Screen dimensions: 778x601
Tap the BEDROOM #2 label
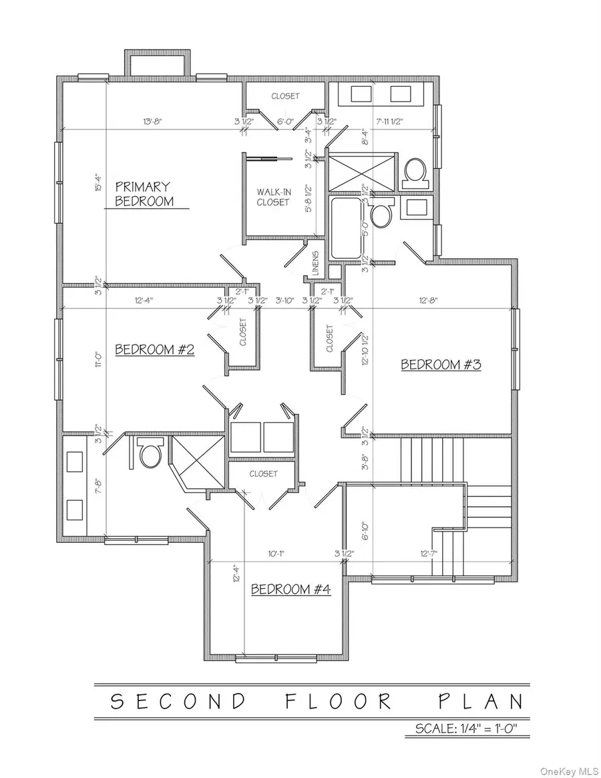[x=154, y=349]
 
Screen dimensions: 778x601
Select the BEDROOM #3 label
[x=441, y=365]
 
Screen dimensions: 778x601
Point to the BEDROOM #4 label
[x=290, y=589]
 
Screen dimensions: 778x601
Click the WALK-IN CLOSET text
[x=273, y=197]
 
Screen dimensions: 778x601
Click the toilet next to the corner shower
[x=149, y=453]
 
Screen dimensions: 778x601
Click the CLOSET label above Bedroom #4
[x=263, y=473]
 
